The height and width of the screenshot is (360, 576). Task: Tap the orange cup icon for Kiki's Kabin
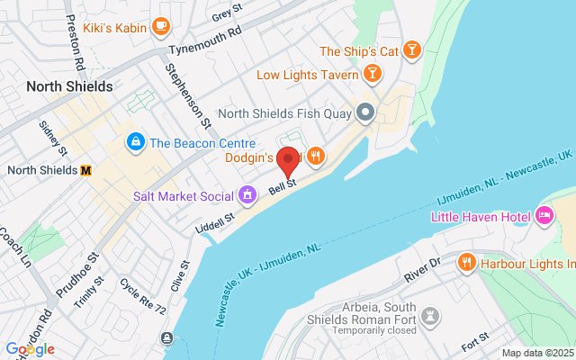tap(161, 26)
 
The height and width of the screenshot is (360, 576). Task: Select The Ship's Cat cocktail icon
tap(411, 50)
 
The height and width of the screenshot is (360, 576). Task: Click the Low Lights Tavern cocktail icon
tap(369, 75)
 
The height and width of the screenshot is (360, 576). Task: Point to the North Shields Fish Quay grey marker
tap(365, 113)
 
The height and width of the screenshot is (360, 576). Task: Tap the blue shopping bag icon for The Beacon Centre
tap(135, 142)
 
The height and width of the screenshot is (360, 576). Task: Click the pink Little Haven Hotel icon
tap(544, 216)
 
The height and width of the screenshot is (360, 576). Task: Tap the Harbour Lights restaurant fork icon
tap(466, 263)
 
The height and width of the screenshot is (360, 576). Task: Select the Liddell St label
tap(216, 219)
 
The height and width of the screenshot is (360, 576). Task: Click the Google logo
tap(30, 349)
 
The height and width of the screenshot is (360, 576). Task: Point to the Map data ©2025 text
tap(537, 353)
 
